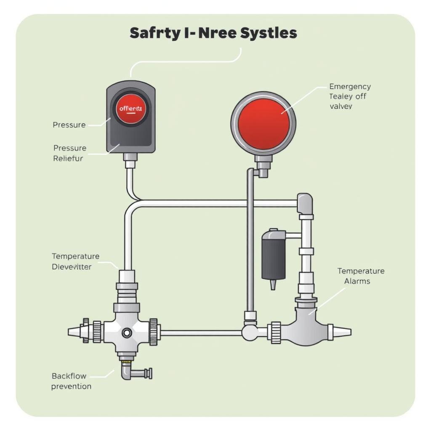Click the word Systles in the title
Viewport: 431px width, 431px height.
click(x=269, y=33)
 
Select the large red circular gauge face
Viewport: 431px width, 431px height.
click(x=264, y=124)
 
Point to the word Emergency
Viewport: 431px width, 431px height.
click(x=350, y=87)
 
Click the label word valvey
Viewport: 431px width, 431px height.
click(x=341, y=106)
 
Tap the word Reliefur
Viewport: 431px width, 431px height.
click(x=68, y=158)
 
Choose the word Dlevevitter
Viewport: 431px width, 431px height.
click(x=72, y=267)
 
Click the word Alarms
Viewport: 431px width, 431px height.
click(x=357, y=281)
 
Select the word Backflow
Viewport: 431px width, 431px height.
click(x=68, y=375)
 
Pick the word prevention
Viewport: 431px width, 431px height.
click(x=71, y=386)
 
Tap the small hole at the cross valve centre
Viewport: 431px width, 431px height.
click(x=126, y=333)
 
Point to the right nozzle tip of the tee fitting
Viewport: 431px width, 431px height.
click(x=346, y=332)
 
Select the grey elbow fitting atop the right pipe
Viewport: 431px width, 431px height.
click(x=305, y=203)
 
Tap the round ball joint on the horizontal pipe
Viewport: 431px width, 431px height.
click(x=250, y=333)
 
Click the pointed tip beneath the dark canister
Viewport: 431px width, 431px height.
click(x=273, y=285)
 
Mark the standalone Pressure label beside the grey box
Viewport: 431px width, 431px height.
click(x=69, y=125)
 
